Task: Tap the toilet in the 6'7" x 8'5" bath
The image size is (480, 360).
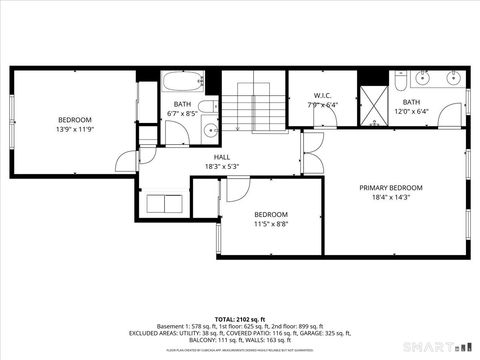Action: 204,108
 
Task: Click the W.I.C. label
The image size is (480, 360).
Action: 308,96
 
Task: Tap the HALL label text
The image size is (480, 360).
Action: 221,157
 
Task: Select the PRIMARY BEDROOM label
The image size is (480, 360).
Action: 391,188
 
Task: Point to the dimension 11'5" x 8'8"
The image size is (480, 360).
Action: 270,224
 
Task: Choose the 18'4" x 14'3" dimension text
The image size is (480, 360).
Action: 391,198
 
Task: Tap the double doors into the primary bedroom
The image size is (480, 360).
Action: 312,153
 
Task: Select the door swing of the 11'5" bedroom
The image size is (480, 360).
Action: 237,190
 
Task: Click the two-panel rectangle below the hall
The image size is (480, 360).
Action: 164,204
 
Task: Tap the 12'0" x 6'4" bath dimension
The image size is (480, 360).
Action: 412,111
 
